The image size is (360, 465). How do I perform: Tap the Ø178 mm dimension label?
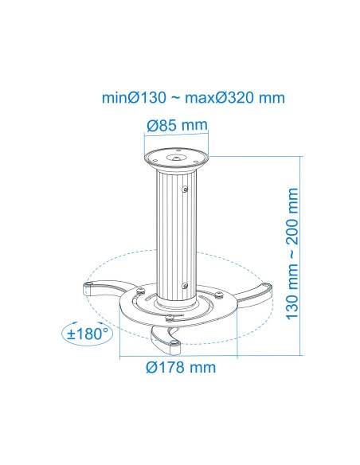click(x=180, y=368)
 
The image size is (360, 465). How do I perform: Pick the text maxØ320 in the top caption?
click(x=219, y=98)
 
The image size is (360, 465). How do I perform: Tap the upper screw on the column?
click(x=185, y=190)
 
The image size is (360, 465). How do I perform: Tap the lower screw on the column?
click(x=185, y=286)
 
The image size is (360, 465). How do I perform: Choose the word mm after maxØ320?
click(x=272, y=98)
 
